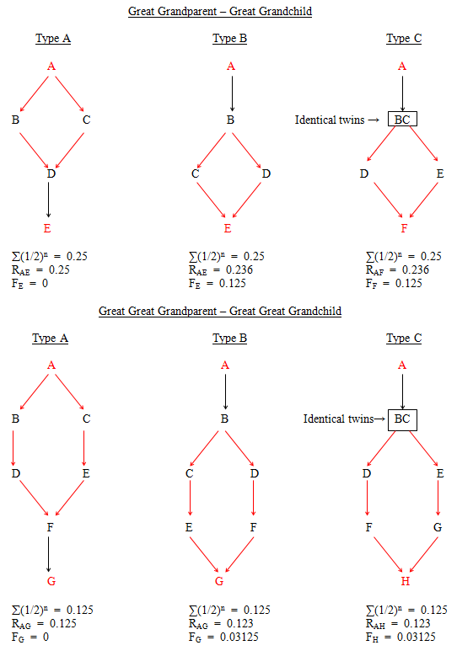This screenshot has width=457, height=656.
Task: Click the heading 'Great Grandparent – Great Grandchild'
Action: pos(220,11)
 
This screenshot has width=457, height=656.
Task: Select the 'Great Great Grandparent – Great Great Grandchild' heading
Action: pos(220,311)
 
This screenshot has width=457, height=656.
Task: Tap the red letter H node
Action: pos(405,581)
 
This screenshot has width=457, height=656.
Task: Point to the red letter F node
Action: pos(404,228)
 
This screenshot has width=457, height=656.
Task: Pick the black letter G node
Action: pos(438,527)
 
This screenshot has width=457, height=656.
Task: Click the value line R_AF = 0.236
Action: pos(397,269)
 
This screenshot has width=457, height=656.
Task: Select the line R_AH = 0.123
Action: pos(398,623)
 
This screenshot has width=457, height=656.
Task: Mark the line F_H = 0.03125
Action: pos(401,637)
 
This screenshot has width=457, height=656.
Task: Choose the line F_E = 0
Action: pos(30,284)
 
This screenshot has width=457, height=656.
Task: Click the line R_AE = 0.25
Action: pos(40,269)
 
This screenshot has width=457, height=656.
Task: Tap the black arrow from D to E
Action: pos(49,200)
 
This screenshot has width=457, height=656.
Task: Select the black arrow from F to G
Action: pos(49,554)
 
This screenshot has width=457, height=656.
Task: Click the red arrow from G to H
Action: pos(423,554)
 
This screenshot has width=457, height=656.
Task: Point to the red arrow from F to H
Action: pos(388,554)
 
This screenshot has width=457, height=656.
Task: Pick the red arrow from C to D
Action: pos(69,151)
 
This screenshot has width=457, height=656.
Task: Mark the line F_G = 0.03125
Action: pos(223,637)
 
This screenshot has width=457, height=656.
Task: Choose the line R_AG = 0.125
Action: pos(44,623)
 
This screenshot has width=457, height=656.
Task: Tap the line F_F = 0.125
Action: pos(394,284)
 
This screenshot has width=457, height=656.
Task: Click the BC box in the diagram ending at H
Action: pos(402,419)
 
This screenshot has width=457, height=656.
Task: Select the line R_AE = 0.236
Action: pos(221,269)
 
